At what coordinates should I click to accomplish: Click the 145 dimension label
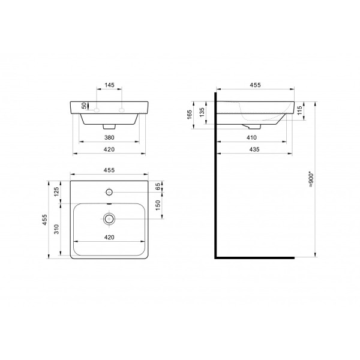click(x=109, y=86)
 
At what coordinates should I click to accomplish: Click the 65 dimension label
click(x=158, y=187)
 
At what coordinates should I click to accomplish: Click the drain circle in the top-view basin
click(x=109, y=219)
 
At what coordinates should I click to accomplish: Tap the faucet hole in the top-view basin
click(x=109, y=192)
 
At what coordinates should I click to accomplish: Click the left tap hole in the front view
click(x=95, y=110)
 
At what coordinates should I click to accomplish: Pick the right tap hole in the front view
click(x=122, y=110)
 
